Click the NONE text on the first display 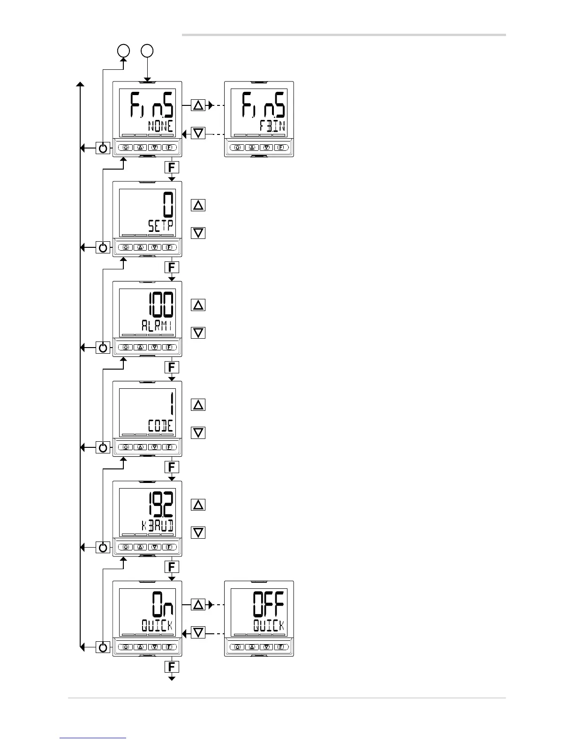(160, 126)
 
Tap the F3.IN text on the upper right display (272, 126)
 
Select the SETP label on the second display (160, 226)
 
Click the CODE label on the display (160, 426)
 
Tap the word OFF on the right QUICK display (269, 605)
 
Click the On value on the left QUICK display (162, 605)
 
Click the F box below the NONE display (172, 167)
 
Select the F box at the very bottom (172, 667)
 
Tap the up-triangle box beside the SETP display (198, 205)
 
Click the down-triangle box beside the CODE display (198, 432)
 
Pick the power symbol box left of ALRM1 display (103, 348)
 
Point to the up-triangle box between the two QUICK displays (198, 605)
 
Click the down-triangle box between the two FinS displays (198, 134)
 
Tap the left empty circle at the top (123, 51)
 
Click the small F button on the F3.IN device (281, 147)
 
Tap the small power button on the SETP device (126, 247)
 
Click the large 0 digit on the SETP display (168, 205)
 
